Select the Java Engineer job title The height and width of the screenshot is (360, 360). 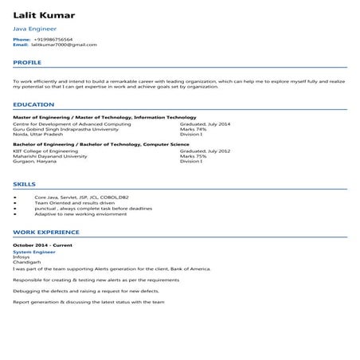(x=35, y=29)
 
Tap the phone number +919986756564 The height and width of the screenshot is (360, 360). (x=53, y=39)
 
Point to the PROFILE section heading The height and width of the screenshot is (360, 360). (x=27, y=61)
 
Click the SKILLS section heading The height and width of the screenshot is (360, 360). (x=25, y=183)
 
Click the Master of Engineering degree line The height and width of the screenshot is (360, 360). (x=92, y=118)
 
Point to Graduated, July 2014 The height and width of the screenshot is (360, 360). (x=205, y=123)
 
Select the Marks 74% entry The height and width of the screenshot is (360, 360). (x=194, y=128)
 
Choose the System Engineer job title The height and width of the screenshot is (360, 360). (x=31, y=251)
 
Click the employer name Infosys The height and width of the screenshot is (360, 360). (x=22, y=256)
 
